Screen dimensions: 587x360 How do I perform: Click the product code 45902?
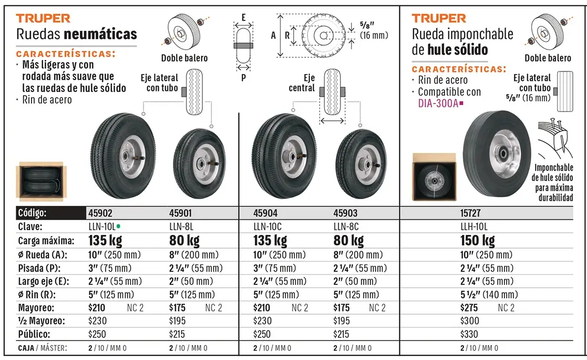pyautogui.click(x=100, y=213)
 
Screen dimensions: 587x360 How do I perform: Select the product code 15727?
pyautogui.click(x=470, y=213)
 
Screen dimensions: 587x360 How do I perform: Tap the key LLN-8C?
pyautogui.click(x=346, y=227)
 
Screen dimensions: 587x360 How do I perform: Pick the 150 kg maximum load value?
pyautogui.click(x=477, y=240)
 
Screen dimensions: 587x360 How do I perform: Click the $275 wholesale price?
pyautogui.click(x=469, y=308)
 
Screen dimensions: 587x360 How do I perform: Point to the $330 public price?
pyautogui.click(x=469, y=334)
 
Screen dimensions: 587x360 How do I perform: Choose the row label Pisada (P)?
pyautogui.click(x=39, y=269)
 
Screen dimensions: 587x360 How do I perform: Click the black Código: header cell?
pyautogui.click(x=51, y=213)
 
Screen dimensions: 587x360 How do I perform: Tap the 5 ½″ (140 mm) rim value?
pyautogui.click(x=489, y=294)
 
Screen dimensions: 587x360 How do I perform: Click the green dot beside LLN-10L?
pyautogui.click(x=118, y=226)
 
